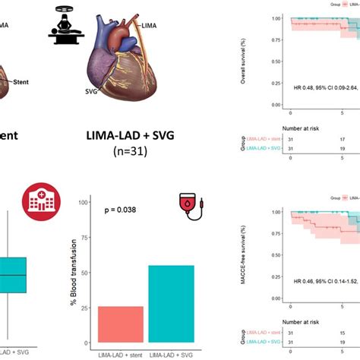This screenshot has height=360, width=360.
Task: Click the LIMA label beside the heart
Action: [150, 26]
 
